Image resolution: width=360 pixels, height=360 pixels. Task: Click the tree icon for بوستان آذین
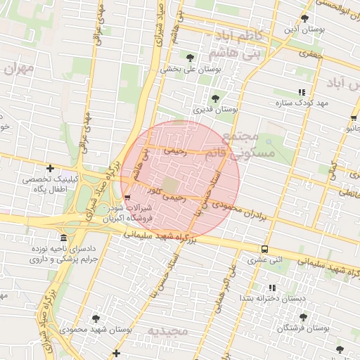(x=304, y=19)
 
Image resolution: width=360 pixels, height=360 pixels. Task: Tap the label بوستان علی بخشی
(x=191, y=70)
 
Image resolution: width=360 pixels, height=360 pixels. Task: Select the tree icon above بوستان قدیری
(x=215, y=98)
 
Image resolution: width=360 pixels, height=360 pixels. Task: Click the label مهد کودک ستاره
(x=303, y=103)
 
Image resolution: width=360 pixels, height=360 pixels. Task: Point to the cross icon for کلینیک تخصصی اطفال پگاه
(x=50, y=168)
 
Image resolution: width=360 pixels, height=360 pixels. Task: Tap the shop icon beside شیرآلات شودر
(x=127, y=197)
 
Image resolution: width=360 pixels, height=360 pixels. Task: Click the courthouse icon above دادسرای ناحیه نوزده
(x=64, y=237)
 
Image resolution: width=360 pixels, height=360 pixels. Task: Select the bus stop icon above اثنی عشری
(x=264, y=249)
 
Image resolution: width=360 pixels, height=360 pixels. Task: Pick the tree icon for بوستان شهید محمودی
(x=96, y=318)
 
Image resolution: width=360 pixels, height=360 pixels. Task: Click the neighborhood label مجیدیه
(x=166, y=330)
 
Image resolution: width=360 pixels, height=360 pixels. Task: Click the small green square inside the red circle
(x=175, y=184)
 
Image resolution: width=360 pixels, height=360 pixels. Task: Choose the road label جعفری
(x=309, y=52)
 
